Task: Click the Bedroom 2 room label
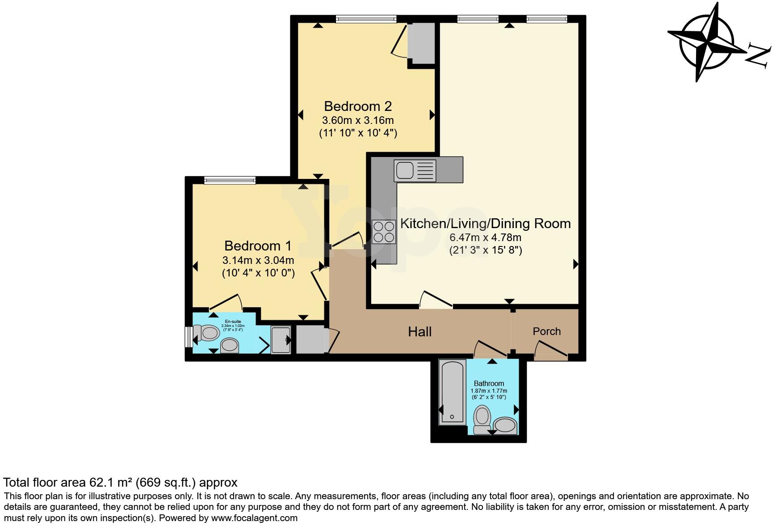(357, 106)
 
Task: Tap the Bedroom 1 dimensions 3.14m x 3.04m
(258, 260)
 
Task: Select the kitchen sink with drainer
(415, 170)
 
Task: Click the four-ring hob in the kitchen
(384, 232)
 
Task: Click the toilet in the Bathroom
(482, 419)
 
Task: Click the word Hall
(420, 332)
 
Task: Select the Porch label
(546, 331)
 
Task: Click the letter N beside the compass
(758, 55)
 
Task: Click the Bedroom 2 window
(366, 19)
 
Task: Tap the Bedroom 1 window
(230, 180)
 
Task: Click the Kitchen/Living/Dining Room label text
(485, 224)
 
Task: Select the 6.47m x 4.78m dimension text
(485, 238)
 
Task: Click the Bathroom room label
(489, 383)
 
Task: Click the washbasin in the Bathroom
(505, 425)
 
